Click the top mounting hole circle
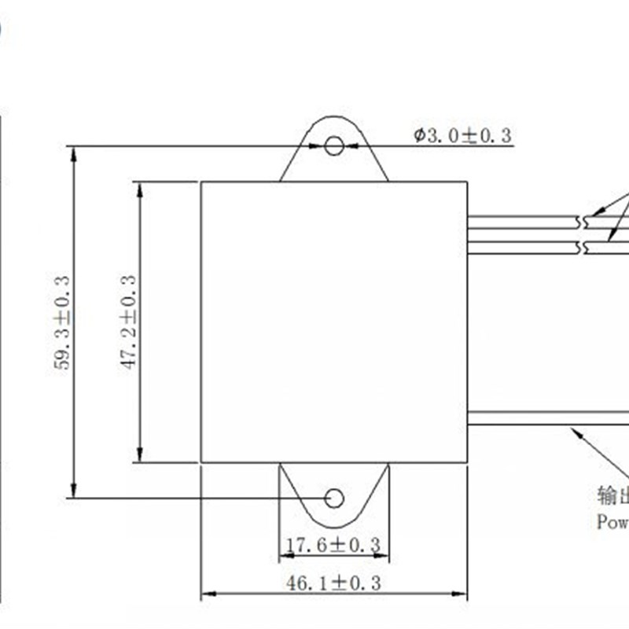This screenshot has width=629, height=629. [x=334, y=145]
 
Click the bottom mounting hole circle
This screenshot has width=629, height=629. [x=334, y=498]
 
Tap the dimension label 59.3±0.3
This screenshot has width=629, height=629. [x=64, y=322]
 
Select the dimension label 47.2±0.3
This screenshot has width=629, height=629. [x=129, y=322]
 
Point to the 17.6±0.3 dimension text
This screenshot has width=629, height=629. [x=333, y=545]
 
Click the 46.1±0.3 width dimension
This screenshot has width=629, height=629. [x=333, y=583]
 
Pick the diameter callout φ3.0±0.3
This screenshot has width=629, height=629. [x=463, y=135]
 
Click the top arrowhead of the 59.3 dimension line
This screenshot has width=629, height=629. [x=75, y=154]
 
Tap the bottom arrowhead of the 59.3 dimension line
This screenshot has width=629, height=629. [x=75, y=489]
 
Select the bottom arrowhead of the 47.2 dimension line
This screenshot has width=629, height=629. [x=140, y=454]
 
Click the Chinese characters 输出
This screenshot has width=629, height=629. [x=612, y=495]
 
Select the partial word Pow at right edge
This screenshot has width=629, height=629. [x=612, y=522]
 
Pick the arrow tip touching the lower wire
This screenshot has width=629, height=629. [x=574, y=429]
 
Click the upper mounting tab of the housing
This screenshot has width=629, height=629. [x=334, y=153]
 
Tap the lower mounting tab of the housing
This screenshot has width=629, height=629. [x=334, y=491]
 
